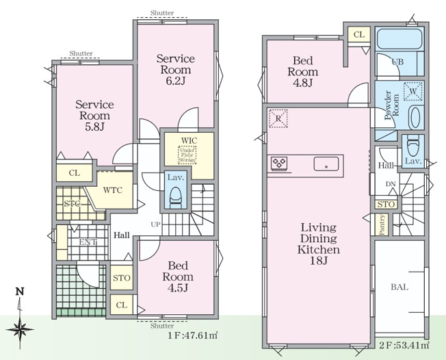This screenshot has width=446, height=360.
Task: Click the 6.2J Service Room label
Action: pyautogui.click(x=176, y=70)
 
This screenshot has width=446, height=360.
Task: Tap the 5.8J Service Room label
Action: pyautogui.click(x=94, y=116)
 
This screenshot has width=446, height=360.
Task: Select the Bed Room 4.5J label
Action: pyautogui.click(x=178, y=277)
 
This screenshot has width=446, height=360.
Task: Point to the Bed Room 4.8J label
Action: pyautogui.click(x=302, y=72)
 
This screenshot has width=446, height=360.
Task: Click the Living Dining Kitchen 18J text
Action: pyautogui.click(x=319, y=244)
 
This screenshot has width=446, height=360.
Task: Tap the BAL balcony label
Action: pyautogui.click(x=399, y=287)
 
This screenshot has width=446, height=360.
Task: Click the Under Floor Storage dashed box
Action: pyautogui.click(x=187, y=155)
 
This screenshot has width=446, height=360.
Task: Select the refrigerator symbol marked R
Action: pyautogui.click(x=278, y=118)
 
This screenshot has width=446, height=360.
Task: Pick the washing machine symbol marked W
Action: pyautogui.click(x=413, y=91)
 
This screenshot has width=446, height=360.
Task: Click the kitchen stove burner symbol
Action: pyautogui.click(x=279, y=164)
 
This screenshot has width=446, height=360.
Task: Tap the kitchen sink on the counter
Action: pyautogui.click(x=326, y=164)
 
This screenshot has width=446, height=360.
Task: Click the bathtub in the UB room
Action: pyautogui.click(x=399, y=39)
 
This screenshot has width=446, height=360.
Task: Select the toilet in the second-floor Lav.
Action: pyautogui.click(x=413, y=145)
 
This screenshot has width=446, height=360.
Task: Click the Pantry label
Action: pyautogui.click(x=382, y=225)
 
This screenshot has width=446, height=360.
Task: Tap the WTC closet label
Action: pyautogui.click(x=113, y=190)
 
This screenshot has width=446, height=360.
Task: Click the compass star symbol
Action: pyautogui.click(x=20, y=330)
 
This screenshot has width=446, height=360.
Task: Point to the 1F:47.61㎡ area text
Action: pyautogui.click(x=193, y=335)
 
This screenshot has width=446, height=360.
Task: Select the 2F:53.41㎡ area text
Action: pyautogui.click(x=404, y=346)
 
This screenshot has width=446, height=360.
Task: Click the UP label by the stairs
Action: pyautogui.click(x=155, y=224)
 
